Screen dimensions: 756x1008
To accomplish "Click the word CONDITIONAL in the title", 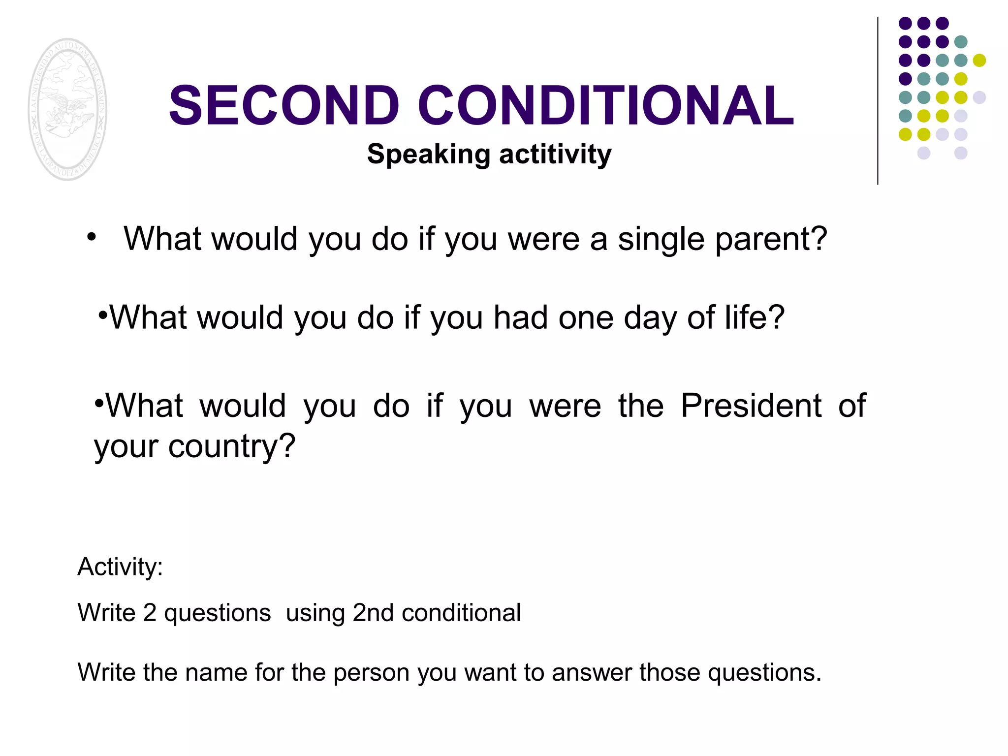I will pyautogui.click(x=606, y=105).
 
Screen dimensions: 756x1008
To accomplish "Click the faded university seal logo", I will pyautogui.click(x=67, y=109).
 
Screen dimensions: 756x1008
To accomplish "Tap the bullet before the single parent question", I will pyautogui.click(x=91, y=238).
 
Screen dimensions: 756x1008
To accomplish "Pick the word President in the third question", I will pyautogui.click(x=751, y=406).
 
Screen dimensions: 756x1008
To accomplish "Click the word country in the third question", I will pyautogui.click(x=231, y=447).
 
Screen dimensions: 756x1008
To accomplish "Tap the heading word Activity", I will pyautogui.click(x=120, y=567).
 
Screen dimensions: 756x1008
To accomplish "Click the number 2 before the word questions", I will pyautogui.click(x=150, y=613).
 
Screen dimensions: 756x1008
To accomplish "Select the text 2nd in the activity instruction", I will pyautogui.click(x=373, y=613).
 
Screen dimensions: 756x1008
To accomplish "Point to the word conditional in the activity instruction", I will pyautogui.click(x=461, y=613).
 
